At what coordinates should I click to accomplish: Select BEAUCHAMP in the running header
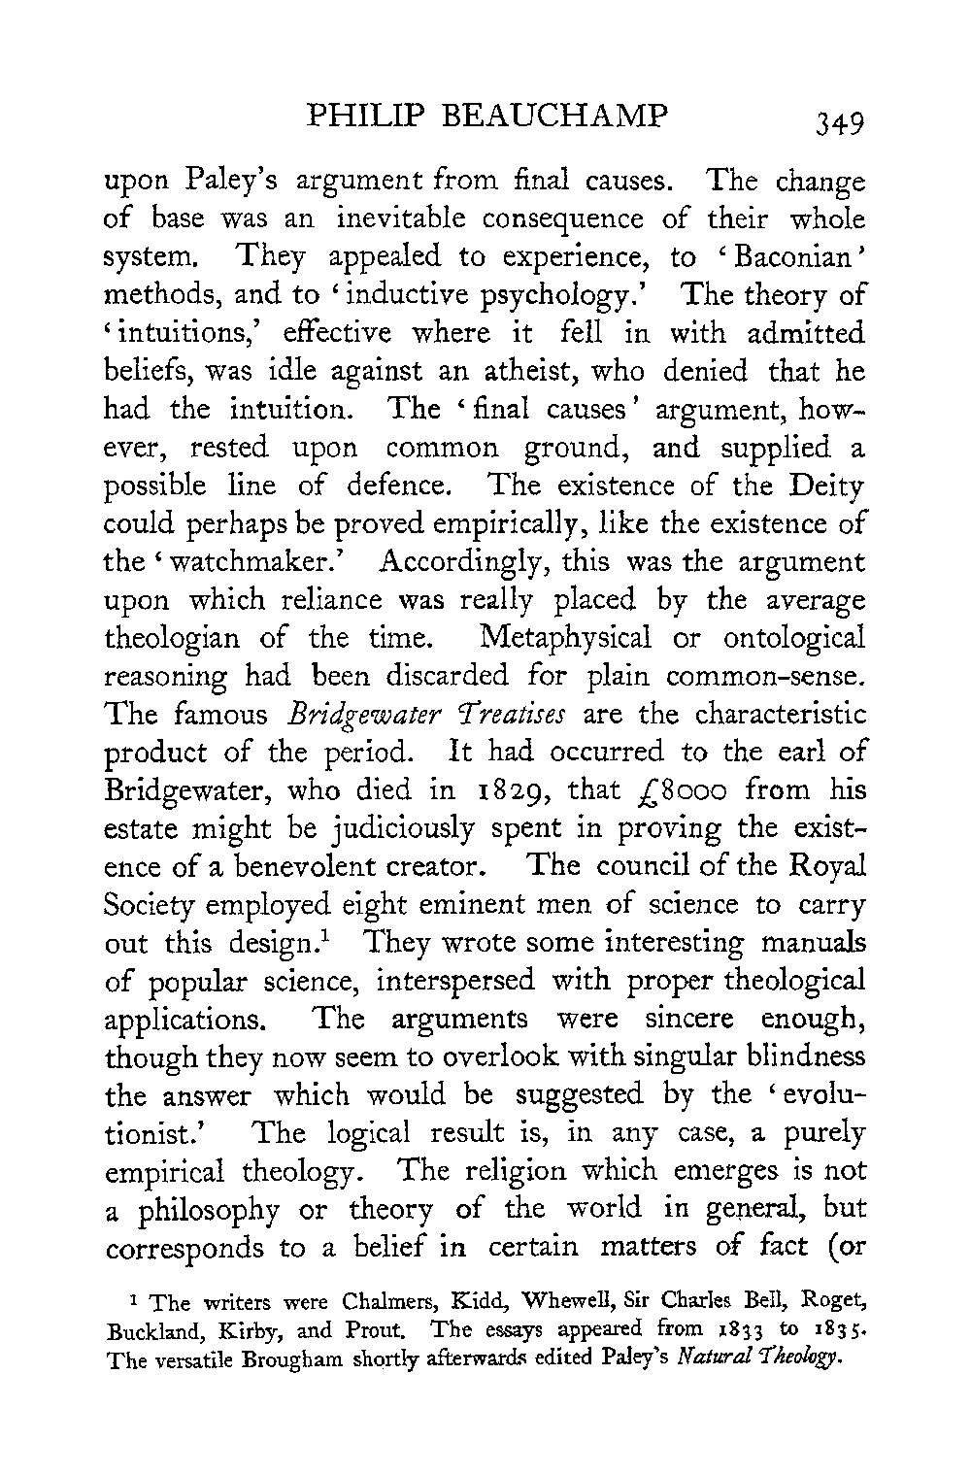[557, 117]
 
